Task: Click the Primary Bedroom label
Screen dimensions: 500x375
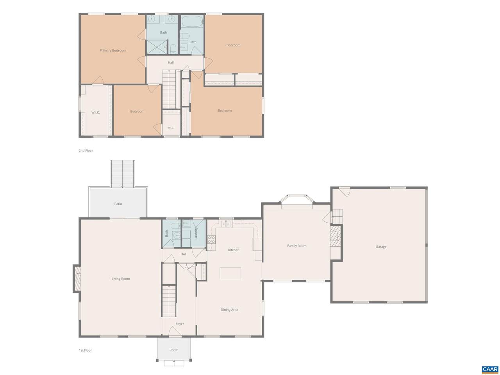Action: click(113, 50)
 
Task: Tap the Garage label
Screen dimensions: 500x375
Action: click(381, 246)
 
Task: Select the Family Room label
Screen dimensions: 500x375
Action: click(296, 246)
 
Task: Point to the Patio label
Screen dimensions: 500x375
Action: click(118, 204)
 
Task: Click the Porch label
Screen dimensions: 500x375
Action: click(174, 350)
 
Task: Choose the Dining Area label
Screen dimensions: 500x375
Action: click(229, 310)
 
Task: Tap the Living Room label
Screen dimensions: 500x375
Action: click(121, 279)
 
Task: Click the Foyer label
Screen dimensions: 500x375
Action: click(180, 324)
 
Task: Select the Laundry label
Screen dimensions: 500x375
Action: click(195, 233)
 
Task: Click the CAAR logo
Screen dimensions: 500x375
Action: click(490, 369)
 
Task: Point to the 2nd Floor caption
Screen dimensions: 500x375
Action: click(86, 150)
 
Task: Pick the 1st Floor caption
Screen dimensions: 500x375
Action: click(85, 350)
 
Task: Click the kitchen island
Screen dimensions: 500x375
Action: click(230, 274)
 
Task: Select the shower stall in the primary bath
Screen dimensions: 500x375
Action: click(157, 47)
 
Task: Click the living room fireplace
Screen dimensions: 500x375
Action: click(77, 279)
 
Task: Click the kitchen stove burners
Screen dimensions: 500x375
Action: click(211, 240)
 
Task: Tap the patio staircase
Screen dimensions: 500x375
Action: click(123, 174)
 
